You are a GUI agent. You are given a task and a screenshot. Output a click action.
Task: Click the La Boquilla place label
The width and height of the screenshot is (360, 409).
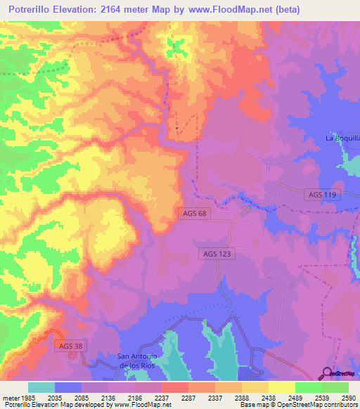(342, 138)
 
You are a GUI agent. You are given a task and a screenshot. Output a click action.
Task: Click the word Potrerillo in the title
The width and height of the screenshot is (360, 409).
(34, 9)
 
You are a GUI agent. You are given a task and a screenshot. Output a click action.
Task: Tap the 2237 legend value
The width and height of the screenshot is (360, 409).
(161, 397)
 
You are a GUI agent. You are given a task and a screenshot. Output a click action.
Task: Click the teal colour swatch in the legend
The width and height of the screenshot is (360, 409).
(41, 387)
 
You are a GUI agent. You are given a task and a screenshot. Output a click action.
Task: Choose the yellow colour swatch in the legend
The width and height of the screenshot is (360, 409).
(281, 387)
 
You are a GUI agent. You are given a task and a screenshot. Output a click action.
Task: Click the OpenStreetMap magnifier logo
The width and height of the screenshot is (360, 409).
(326, 372)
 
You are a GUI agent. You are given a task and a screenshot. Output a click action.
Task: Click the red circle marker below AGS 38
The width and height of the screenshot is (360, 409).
(72, 354)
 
